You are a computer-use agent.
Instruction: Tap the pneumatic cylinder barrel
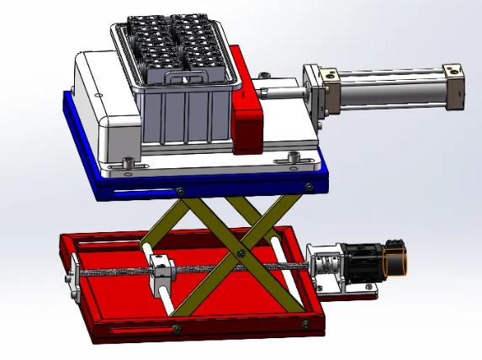391,89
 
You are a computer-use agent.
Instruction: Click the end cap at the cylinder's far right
454,86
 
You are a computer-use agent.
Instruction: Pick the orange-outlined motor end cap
396,262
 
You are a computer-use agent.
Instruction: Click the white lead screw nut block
162,273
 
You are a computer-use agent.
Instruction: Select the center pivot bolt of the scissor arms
241,253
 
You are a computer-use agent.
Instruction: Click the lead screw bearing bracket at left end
75,278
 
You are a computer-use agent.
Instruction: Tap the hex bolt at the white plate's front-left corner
128,161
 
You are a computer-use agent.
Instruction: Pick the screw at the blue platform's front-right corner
310,185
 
